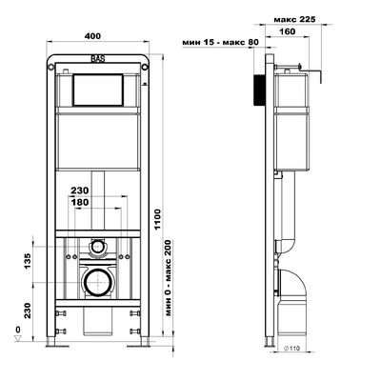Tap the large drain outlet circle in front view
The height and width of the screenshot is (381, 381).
(x=96, y=281)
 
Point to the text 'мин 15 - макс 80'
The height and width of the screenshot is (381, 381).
(x=223, y=42)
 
